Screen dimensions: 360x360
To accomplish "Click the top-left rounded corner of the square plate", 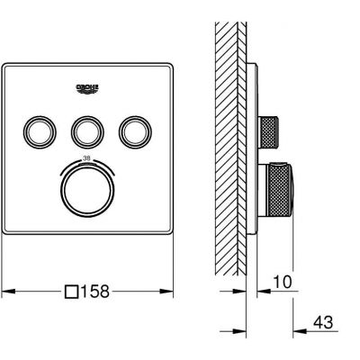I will click(8, 66).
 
